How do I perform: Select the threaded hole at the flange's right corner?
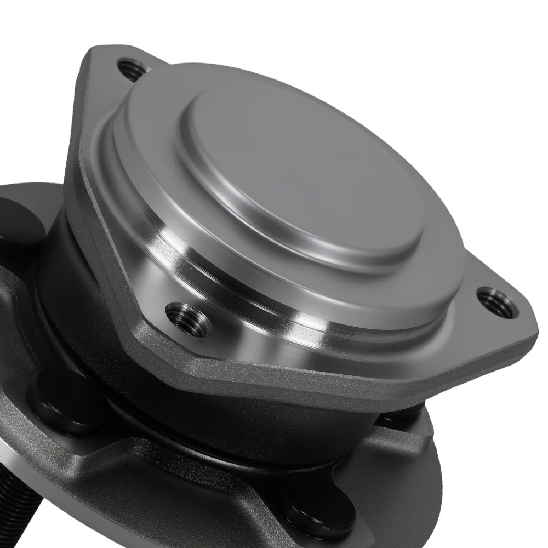tap(496, 301)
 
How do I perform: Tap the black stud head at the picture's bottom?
tap(318, 510)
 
